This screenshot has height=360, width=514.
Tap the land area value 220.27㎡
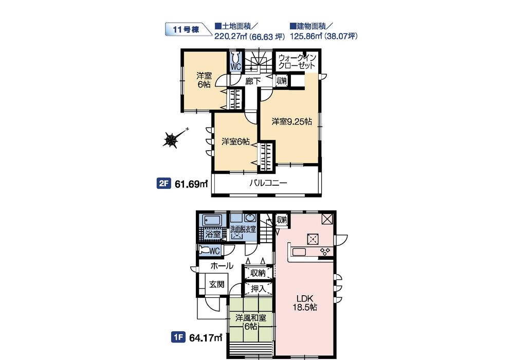pos(230,37)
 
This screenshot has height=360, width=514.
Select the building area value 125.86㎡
pos(306,36)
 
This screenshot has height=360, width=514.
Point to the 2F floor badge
pos(163,184)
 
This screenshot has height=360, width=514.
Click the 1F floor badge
pos(178,337)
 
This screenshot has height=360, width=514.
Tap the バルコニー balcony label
pos(268,183)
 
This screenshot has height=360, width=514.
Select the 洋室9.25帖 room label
pos(292,122)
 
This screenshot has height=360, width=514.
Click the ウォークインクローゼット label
pos(297,62)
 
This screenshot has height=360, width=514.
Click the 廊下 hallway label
pos(253,81)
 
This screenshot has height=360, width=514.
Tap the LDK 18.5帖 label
pos(305,303)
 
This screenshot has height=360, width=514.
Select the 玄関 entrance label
pos(217,284)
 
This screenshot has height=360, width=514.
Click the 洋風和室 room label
pos(251,318)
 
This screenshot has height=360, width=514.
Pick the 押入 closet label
pos(259,289)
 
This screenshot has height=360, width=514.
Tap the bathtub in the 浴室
pos(211,220)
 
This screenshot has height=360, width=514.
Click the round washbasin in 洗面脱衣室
pos(250,219)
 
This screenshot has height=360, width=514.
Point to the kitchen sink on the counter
pos(299,252)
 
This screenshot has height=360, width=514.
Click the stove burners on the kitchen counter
pos(325,252)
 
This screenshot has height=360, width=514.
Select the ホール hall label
pos(222,266)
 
